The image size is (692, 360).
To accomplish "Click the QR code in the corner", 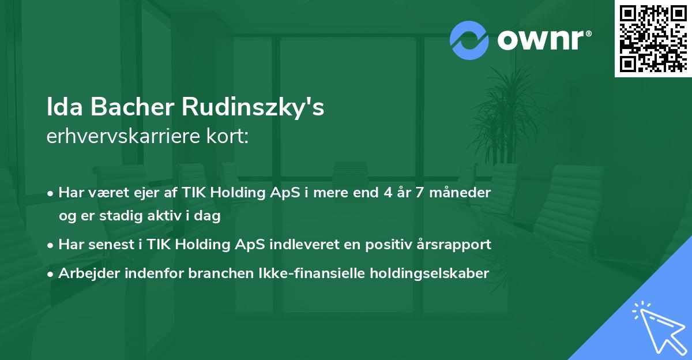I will tap(653, 38).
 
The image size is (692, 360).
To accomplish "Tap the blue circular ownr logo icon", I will tap(469, 40).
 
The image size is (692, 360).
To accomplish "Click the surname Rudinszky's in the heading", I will tap(254, 108).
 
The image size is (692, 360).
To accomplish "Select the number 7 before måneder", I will tap(419, 193).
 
